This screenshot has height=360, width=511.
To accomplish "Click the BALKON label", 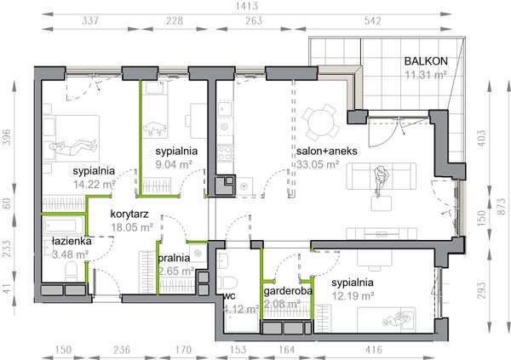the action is [426, 61].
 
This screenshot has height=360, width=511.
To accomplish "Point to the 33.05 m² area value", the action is [318, 164].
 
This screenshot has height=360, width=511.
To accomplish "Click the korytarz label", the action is [129, 214].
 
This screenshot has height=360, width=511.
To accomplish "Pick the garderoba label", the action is [288, 290].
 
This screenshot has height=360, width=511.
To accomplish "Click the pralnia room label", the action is [174, 258].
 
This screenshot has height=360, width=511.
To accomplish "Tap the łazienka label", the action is [72, 242].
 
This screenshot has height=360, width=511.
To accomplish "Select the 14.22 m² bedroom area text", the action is [95, 185].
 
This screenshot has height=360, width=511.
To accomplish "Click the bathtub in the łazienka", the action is [64, 226].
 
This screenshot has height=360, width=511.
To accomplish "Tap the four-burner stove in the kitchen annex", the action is [225, 153].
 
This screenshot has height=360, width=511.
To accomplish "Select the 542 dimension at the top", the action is [372, 20].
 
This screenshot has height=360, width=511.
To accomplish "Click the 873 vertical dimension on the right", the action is [502, 207].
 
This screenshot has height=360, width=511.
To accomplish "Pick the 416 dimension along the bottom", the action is [374, 350].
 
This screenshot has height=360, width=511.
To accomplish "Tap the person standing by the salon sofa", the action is [381, 180].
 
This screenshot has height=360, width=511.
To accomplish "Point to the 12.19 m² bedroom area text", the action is [353, 296].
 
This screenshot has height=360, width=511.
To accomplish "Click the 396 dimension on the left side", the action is [7, 137].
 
